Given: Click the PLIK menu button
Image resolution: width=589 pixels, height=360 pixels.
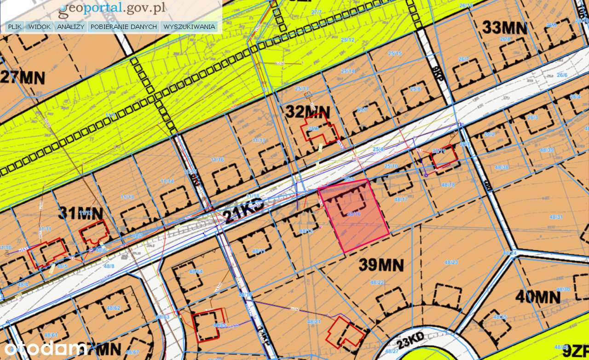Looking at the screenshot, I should pyautogui.click(x=15, y=27).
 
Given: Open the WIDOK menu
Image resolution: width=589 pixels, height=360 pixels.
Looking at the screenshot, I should pyautogui.click(x=39, y=27).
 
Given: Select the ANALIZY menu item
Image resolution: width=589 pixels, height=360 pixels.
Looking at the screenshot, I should pyautogui.click(x=70, y=27).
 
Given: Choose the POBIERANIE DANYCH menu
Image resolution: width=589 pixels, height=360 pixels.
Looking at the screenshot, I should pyautogui.click(x=124, y=27).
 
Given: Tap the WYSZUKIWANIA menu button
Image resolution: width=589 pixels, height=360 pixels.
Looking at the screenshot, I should pyautogui.click(x=189, y=27).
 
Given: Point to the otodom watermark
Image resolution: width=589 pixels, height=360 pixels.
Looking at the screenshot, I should pyautogui.click(x=44, y=349).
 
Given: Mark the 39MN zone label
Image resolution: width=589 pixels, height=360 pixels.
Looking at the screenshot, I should pyautogui.click(x=381, y=265).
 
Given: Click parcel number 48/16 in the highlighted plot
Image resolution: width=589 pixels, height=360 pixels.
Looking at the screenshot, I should pyautogui.click(x=353, y=214).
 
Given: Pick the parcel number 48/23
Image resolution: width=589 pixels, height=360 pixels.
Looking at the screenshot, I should pyautogui.click(x=451, y=263).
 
